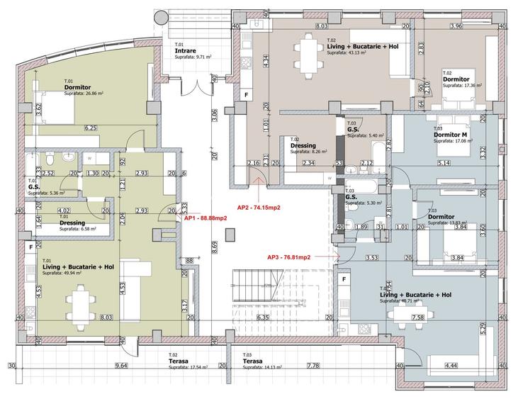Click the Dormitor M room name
pos(450,135)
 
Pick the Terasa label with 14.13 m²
pos(253,361)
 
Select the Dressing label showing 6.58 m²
pos(72,223)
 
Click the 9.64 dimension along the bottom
pos(120,366)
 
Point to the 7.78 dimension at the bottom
pos(313,366)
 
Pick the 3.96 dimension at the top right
pos(456,26)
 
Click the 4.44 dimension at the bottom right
pos(450,366)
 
